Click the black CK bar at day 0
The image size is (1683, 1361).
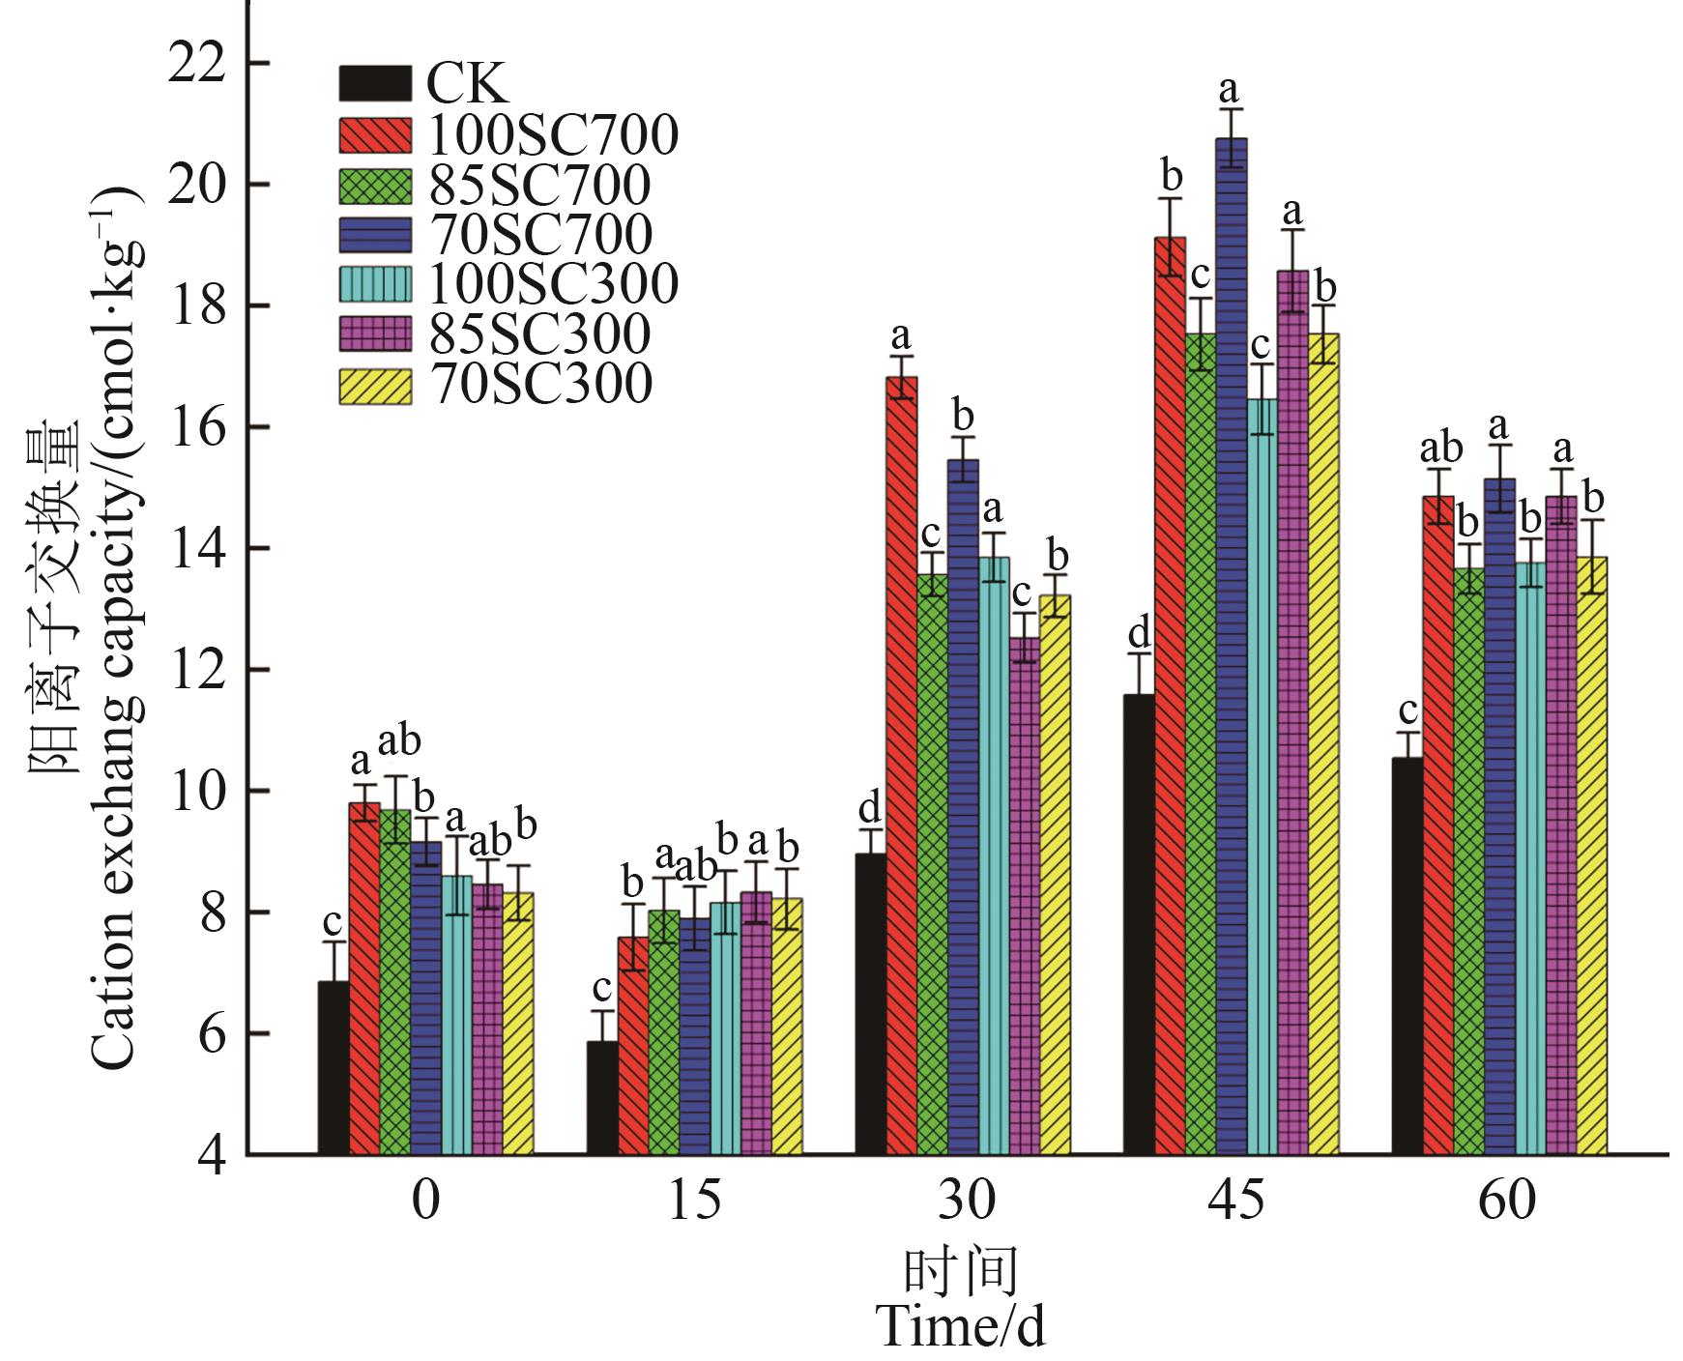[334, 1067]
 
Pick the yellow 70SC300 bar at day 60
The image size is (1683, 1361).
[1592, 854]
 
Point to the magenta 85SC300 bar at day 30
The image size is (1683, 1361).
[1026, 894]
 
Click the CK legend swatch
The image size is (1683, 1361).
[375, 84]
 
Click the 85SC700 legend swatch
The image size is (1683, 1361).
[375, 185]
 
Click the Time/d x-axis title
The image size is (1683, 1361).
[961, 1325]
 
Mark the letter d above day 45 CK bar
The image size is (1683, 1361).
[1140, 635]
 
